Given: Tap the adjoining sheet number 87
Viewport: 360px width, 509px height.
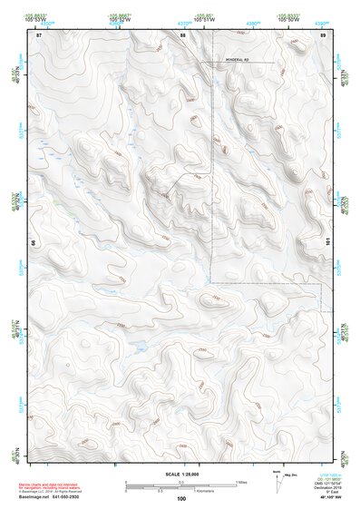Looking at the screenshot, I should [x=39, y=34].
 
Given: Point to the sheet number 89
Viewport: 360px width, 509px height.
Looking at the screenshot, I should [x=323, y=34].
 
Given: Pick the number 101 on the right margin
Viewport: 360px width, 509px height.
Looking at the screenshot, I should [x=327, y=243].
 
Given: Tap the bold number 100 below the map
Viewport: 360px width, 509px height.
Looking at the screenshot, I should [x=180, y=499].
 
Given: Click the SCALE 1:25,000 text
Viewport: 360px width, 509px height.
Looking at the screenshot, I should [x=180, y=473].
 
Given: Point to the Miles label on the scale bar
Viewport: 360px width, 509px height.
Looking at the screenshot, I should [x=240, y=482].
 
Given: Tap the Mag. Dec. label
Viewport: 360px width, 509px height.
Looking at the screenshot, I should [x=292, y=474].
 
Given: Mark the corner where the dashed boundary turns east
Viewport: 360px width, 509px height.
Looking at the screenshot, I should [x=212, y=283].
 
